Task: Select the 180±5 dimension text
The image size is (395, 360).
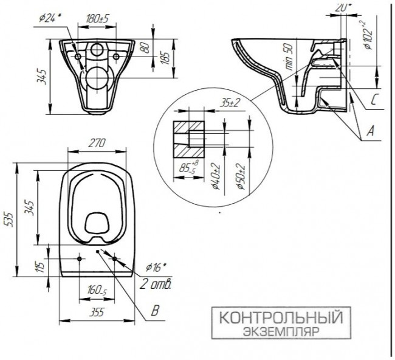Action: click(x=98, y=17)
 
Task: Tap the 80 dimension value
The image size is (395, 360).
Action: click(x=145, y=47)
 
